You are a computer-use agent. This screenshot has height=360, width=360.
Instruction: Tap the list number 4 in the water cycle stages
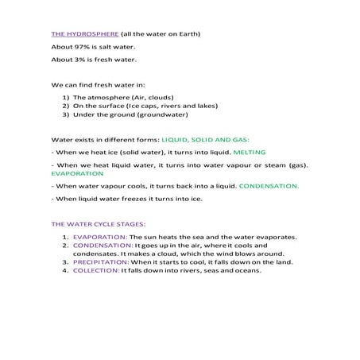(64, 269)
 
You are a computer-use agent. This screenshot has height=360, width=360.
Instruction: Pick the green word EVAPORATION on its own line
(77, 172)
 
